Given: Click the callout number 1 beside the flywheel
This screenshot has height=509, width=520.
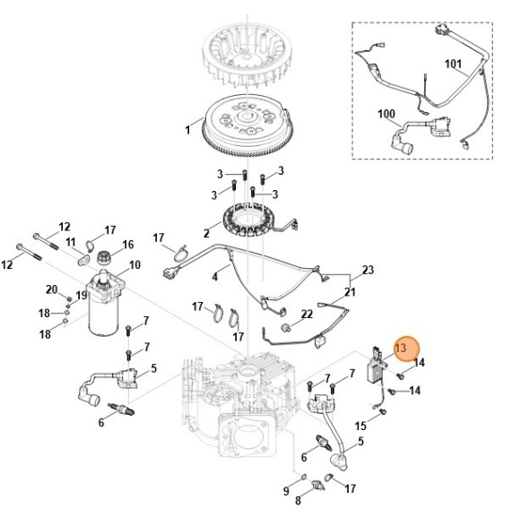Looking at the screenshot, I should (187, 130).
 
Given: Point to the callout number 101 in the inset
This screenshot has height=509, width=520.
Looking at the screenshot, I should (453, 64).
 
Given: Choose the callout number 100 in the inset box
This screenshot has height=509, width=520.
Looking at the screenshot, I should (386, 114).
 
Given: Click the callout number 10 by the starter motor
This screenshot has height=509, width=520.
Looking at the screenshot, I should (135, 264).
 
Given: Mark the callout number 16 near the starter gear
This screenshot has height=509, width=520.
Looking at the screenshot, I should (127, 244).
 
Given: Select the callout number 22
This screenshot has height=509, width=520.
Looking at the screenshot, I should (307, 314).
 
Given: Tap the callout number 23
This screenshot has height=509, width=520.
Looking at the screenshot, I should (368, 270).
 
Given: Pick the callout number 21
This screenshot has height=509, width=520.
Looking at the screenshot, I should (351, 292).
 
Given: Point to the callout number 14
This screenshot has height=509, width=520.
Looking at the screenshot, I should (419, 362).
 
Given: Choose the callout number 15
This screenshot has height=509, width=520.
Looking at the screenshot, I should (360, 426).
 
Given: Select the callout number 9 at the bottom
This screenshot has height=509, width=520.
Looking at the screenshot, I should (287, 491).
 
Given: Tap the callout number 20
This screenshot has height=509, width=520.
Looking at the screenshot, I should (52, 289).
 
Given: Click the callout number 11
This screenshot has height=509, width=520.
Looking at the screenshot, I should (70, 242).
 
